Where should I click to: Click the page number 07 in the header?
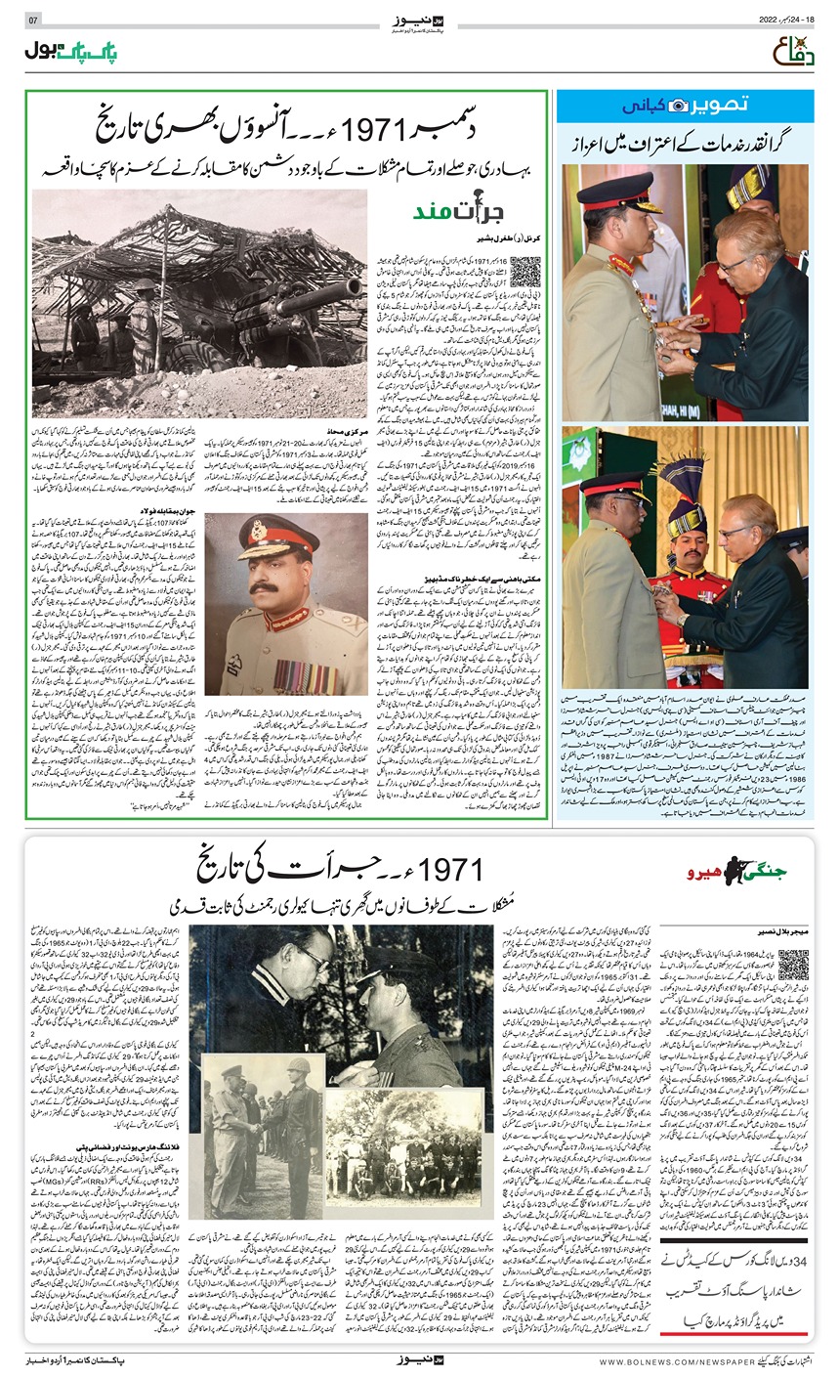coord(32,21)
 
